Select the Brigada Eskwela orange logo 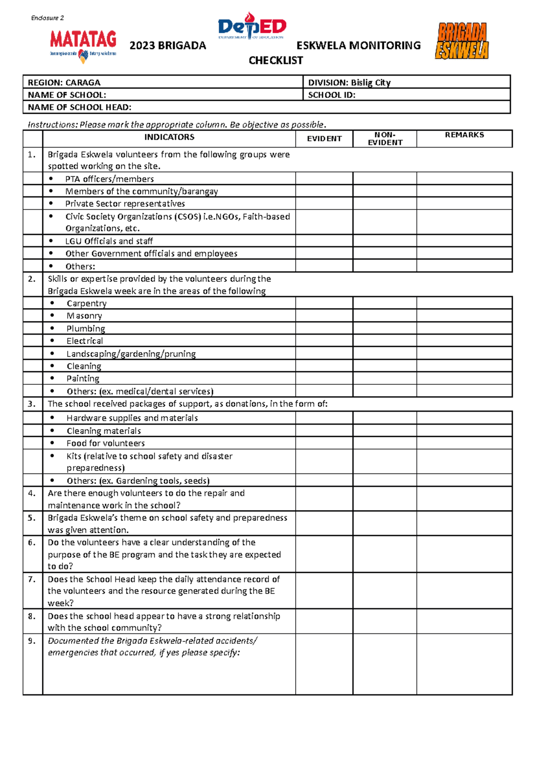pyautogui.click(x=462, y=41)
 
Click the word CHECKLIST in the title pyautogui.click(x=276, y=61)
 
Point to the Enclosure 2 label pyautogui.click(x=47, y=18)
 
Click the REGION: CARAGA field pyautogui.click(x=64, y=82)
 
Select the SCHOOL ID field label pyautogui.click(x=332, y=95)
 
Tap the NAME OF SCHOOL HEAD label pyautogui.click(x=79, y=107)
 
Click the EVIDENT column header pyautogui.click(x=324, y=139)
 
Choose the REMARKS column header pyautogui.click(x=464, y=135)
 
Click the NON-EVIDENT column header pyautogui.click(x=385, y=139)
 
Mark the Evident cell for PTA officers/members pyautogui.click(x=324, y=179)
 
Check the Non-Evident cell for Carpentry pyautogui.click(x=385, y=303)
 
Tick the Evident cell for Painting pyautogui.click(x=324, y=378)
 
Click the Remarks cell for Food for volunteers pyautogui.click(x=464, y=443)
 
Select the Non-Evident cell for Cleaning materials pyautogui.click(x=385, y=431)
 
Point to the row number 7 pyautogui.click(x=32, y=579)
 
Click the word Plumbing pyautogui.click(x=86, y=329)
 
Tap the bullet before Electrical pyautogui.click(x=52, y=341)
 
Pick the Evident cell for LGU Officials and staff pyautogui.click(x=324, y=241)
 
